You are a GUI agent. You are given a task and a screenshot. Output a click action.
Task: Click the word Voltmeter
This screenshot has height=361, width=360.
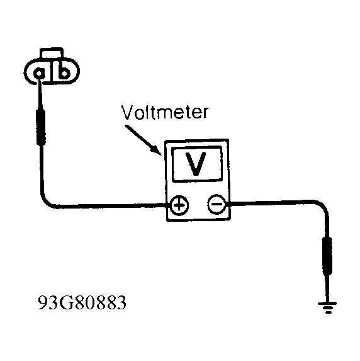coord(165,113)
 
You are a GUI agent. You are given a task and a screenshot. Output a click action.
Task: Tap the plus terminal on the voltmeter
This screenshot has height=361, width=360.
coord(179,205)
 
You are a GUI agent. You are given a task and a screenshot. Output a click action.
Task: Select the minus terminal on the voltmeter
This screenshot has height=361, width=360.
coord(217,203)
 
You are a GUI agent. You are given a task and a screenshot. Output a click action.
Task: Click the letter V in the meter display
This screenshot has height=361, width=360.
coord(196,164)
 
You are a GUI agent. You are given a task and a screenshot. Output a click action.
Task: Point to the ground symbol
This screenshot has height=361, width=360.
coord(327,307)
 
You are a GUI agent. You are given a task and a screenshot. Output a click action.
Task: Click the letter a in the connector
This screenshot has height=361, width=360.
coord(39,74)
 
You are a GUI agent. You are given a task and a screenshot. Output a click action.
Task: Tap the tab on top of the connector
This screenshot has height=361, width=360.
coord(52,52)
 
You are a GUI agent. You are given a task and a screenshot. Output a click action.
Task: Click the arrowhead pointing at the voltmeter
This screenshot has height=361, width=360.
coord(155,150)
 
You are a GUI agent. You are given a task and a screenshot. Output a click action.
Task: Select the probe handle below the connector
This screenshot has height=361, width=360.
coord(41,127)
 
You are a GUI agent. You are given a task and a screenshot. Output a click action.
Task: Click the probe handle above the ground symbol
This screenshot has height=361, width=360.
coord(327,256)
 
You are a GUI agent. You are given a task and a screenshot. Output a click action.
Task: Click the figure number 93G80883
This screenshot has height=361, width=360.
coord(82,302)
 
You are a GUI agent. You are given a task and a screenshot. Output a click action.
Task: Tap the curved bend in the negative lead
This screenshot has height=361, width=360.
coord(323,206)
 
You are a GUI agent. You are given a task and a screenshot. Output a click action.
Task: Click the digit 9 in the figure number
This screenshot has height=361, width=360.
coord(43,302)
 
